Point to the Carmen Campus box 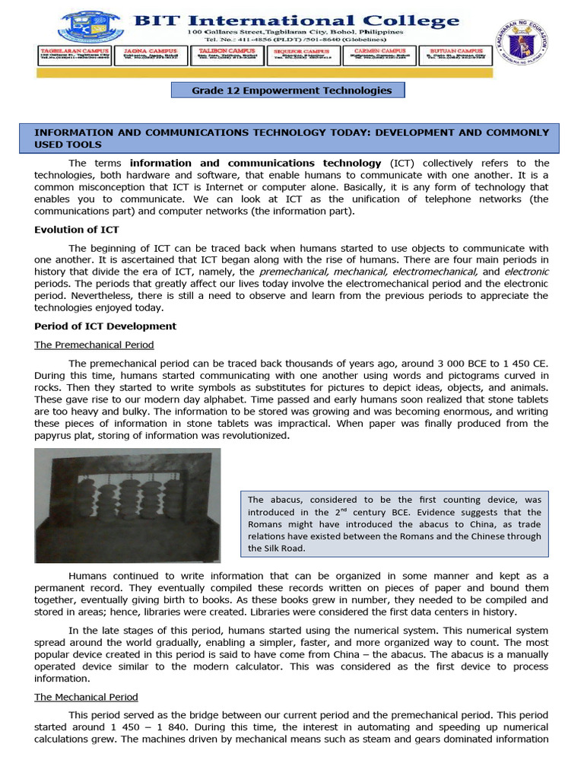click(379, 56)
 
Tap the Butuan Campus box click(455, 56)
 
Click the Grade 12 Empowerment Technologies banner click(291, 91)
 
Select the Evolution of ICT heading click(77, 230)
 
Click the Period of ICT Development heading click(105, 326)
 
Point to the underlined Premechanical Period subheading click(94, 345)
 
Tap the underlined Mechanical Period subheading click(86, 697)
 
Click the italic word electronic click(526, 272)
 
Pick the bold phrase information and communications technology click(255, 163)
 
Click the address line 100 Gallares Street click(297, 33)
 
